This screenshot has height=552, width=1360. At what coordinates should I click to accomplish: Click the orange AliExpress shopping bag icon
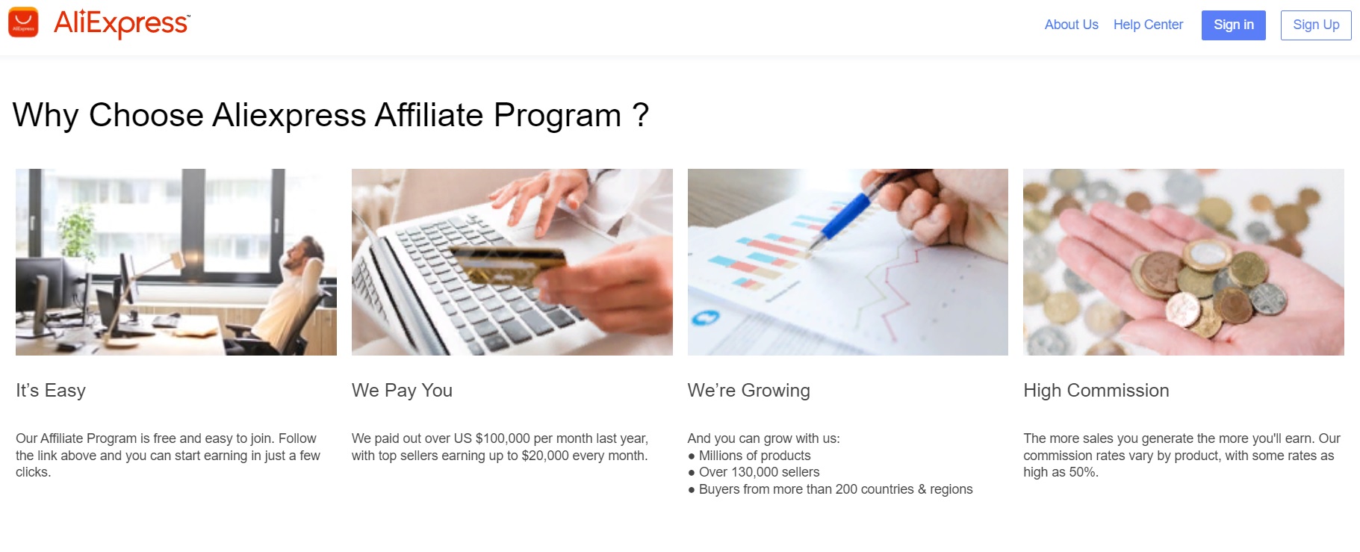click(x=23, y=22)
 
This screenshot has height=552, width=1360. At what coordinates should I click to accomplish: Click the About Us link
click(x=1071, y=25)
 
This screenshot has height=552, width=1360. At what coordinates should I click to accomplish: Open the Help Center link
click(x=1148, y=25)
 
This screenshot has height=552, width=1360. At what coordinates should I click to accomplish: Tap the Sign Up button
click(x=1316, y=25)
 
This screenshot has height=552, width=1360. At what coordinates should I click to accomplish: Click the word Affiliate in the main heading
click(x=429, y=116)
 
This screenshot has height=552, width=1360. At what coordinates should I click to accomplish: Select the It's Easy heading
click(x=51, y=391)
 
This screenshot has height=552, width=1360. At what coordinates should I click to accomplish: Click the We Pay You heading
click(x=402, y=391)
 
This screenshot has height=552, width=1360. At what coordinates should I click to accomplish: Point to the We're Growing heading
click(x=748, y=391)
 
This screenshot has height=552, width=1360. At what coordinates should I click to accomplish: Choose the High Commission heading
click(x=1096, y=391)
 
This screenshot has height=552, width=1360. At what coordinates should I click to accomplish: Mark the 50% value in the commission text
click(x=1082, y=472)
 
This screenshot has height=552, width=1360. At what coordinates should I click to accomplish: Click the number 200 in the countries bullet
click(x=846, y=489)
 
